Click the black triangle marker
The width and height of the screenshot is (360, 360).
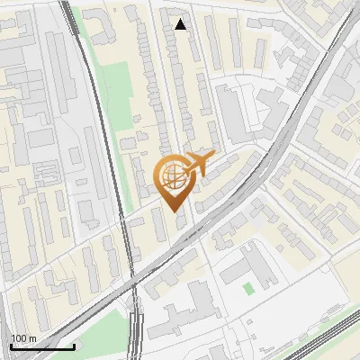[x=181, y=24]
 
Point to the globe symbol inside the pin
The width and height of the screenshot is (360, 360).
[x=174, y=176]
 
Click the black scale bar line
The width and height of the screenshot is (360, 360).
[x=42, y=346]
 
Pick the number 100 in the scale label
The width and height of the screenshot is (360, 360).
[x=19, y=338]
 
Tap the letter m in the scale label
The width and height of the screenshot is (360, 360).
[x=32, y=338]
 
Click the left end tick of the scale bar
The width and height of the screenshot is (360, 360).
[x=11, y=346]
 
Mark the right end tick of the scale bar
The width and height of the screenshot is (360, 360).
[x=74, y=346]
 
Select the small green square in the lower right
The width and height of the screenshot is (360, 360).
[x=247, y=288]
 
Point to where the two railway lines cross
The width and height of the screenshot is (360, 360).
[x=133, y=286]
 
